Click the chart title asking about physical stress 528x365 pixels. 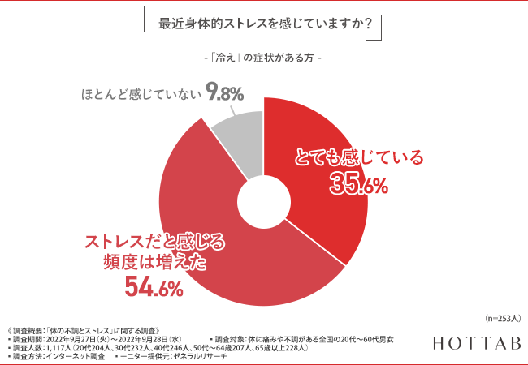pyautogui.click(x=264, y=24)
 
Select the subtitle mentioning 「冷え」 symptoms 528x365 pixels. pyautogui.click(x=264, y=60)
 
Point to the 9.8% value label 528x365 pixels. pyautogui.click(x=225, y=94)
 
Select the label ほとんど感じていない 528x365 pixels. pyautogui.click(x=141, y=95)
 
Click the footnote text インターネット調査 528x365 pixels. pyautogui.click(x=78, y=356)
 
